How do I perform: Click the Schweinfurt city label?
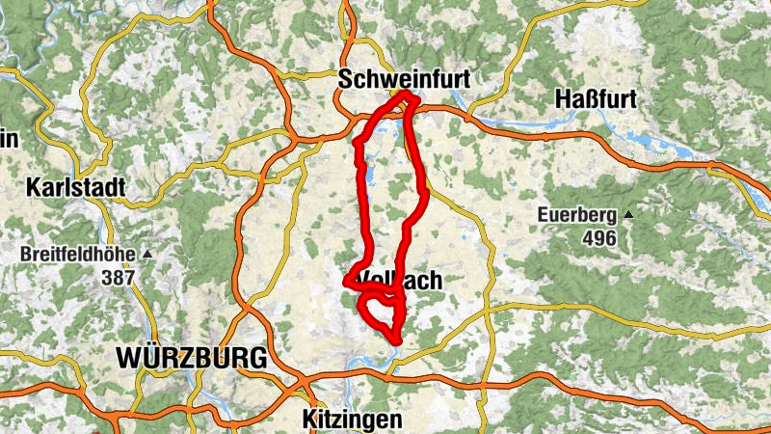pos(404,79)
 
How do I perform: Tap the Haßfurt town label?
pos(598,98)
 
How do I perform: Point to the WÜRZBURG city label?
pos(191,358)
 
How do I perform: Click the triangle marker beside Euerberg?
pos(627,214)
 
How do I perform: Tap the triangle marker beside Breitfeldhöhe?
pos(147,255)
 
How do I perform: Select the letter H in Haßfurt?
pos(564,98)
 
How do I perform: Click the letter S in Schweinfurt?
pos(345,79)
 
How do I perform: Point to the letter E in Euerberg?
pos(545,215)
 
